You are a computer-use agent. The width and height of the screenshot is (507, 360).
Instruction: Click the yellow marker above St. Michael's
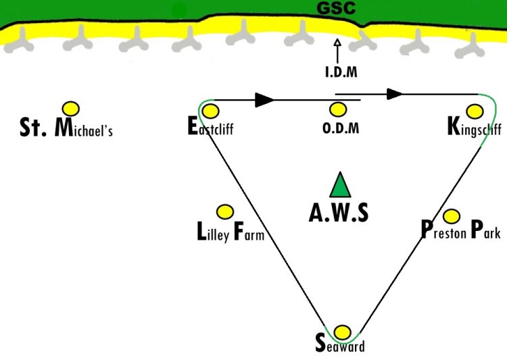(70, 108)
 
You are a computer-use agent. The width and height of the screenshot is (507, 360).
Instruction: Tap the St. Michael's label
(66, 128)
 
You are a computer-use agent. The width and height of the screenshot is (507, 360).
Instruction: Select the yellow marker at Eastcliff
(210, 111)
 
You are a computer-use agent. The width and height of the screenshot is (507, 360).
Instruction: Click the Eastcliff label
(210, 127)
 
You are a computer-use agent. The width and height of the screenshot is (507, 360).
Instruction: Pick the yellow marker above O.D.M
(338, 109)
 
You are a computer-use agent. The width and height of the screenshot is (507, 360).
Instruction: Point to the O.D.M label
(340, 128)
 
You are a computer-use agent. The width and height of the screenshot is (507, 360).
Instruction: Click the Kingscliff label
(474, 128)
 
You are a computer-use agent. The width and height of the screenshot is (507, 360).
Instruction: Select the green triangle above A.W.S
(340, 185)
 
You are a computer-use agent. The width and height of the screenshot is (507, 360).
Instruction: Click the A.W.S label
(339, 213)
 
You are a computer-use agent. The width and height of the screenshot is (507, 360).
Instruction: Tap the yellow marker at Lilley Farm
(224, 212)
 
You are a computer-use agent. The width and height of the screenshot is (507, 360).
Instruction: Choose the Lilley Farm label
(230, 233)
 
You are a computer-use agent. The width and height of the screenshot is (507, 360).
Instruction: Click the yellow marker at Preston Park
(452, 216)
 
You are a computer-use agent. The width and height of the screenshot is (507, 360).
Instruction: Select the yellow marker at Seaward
(343, 332)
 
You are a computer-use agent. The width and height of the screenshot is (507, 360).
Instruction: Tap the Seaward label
(340, 345)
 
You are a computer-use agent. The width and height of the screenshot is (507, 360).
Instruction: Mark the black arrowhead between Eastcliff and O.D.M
(264, 100)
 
